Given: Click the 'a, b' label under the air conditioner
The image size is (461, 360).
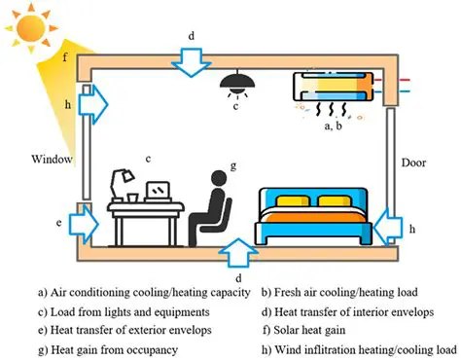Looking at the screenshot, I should pyautogui.click(x=332, y=126).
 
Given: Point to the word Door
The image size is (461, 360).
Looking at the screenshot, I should pyautogui.click(x=416, y=163).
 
